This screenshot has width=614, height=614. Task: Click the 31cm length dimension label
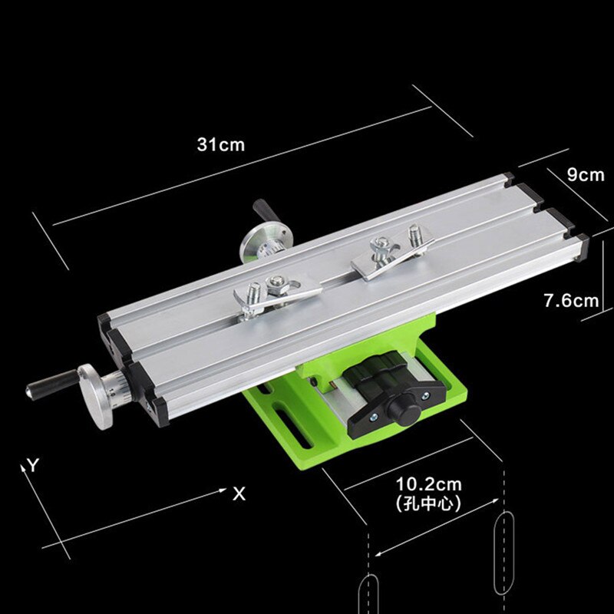[221, 144]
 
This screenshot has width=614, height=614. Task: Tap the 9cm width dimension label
[586, 174]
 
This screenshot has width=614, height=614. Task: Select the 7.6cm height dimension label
[570, 301]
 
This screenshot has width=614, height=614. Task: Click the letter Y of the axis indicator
[33, 464]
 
